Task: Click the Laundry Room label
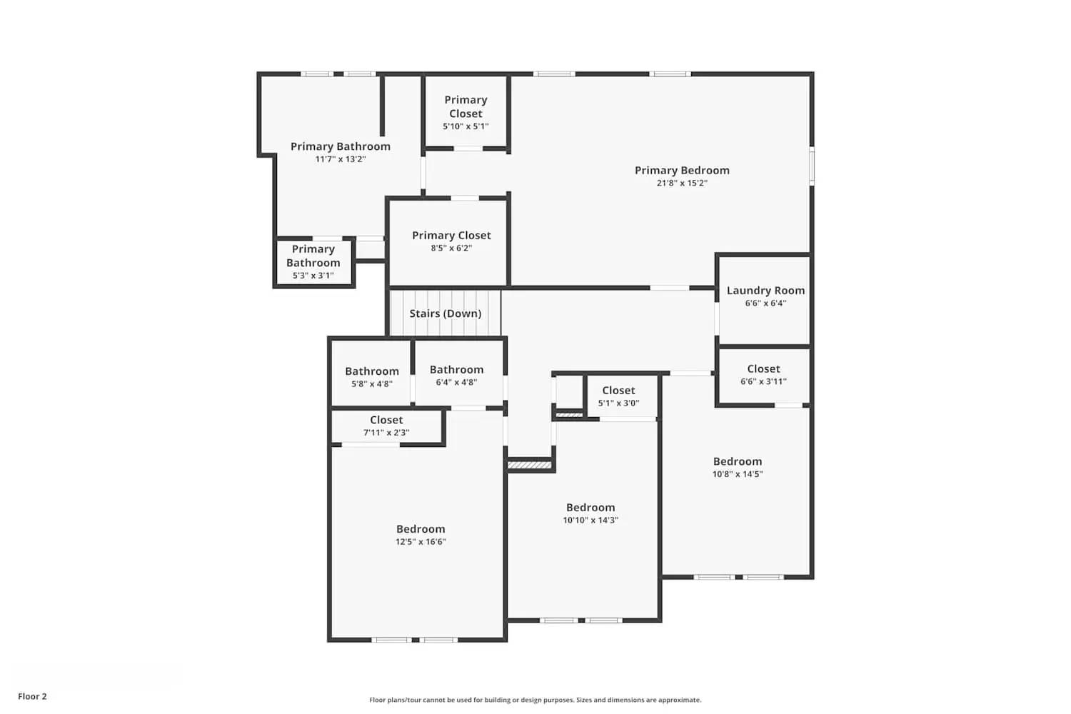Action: click(x=765, y=291)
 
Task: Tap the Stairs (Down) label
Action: click(x=445, y=313)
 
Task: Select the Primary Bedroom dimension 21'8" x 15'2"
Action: click(x=682, y=183)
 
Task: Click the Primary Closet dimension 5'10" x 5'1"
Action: click(x=466, y=126)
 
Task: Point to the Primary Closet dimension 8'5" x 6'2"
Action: click(x=451, y=248)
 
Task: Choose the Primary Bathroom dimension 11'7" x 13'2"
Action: click(x=341, y=159)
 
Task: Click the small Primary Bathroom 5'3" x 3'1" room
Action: click(x=313, y=262)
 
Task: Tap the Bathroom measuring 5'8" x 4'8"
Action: click(x=371, y=377)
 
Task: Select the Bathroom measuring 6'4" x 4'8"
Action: click(x=456, y=376)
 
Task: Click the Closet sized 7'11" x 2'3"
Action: click(x=386, y=426)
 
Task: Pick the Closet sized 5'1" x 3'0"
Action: click(x=618, y=396)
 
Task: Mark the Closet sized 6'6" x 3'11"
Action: click(x=763, y=375)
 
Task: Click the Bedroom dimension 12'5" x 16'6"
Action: click(x=421, y=542)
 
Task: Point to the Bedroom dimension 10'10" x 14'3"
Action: click(x=590, y=521)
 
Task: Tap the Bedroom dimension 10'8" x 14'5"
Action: click(x=738, y=474)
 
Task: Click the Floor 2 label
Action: click(x=32, y=696)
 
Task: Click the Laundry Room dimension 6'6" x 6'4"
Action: click(x=765, y=303)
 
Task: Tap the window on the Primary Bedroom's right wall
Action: click(x=811, y=166)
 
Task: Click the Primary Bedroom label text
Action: click(x=682, y=171)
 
